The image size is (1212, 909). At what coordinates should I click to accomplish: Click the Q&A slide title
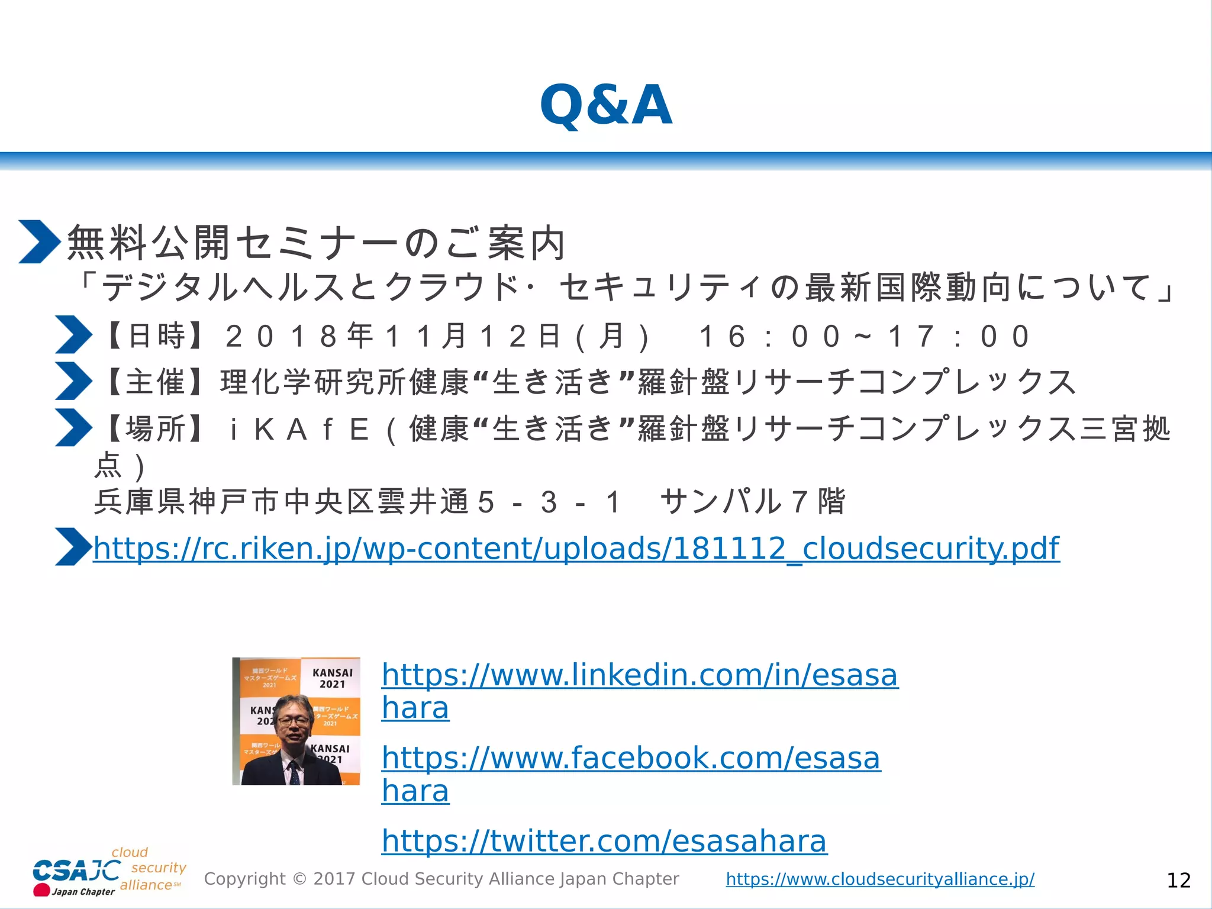606,105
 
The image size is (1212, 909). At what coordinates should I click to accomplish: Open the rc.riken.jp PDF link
576,549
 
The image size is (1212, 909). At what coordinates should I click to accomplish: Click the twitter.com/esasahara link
604,841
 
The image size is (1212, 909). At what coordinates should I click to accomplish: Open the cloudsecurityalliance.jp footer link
880,879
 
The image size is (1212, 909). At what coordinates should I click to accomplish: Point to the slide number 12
1178,881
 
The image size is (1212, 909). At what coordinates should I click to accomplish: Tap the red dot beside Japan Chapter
41,890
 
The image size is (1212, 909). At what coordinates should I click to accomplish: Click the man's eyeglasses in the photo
294,721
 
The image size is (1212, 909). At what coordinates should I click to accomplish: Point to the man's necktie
294,772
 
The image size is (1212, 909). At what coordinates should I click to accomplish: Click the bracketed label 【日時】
156,336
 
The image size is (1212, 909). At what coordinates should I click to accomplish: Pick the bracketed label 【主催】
156,382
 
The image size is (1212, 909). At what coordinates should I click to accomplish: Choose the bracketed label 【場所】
156,428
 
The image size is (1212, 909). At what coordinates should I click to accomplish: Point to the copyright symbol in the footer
299,879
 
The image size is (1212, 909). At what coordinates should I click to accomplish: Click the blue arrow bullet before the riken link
73,547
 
